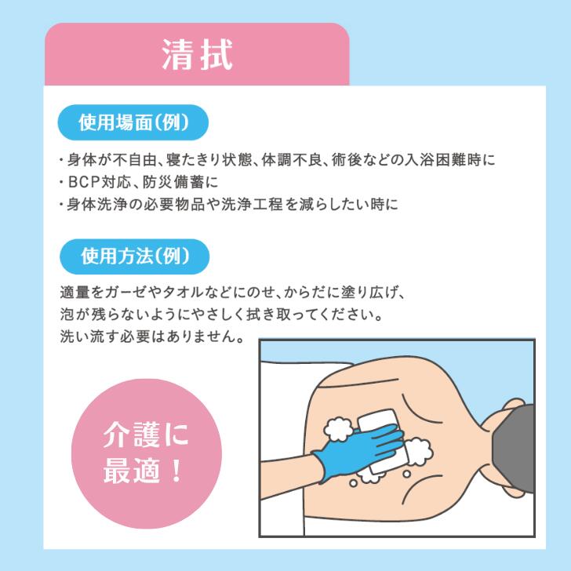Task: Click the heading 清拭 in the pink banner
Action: point(198,55)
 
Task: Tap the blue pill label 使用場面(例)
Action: point(133,122)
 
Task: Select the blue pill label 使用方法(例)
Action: point(134,256)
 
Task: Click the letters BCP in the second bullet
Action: point(84,182)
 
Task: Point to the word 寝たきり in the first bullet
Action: point(194,160)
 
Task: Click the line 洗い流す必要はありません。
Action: point(152,336)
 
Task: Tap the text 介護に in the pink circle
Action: point(146,435)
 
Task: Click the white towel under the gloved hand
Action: point(380,441)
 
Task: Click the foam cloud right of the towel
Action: point(419,452)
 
